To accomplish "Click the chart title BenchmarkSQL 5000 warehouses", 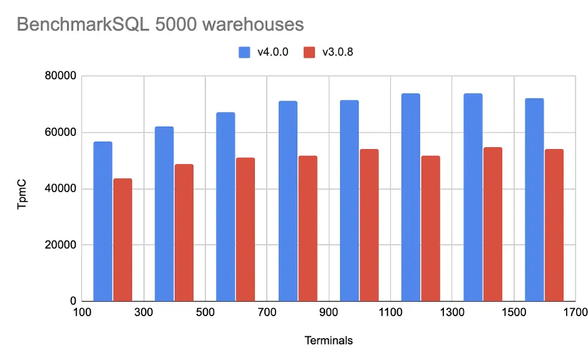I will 160,24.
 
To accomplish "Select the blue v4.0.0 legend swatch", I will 244,53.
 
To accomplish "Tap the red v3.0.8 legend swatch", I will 309,53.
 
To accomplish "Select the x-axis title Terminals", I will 328,341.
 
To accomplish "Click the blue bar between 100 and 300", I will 103,222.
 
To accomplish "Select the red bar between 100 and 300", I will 123,240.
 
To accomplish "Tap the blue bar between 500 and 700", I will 225,207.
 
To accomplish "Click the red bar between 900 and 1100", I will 369,225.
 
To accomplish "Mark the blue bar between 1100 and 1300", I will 411,197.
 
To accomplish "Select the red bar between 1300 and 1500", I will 493,224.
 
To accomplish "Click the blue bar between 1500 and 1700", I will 534,200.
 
